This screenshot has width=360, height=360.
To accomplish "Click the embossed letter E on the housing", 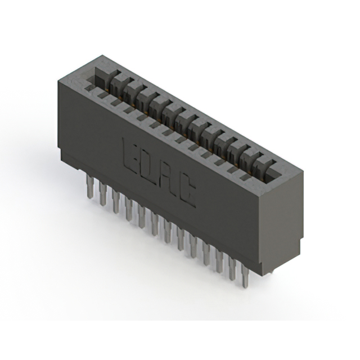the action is pyautogui.click(x=130, y=153).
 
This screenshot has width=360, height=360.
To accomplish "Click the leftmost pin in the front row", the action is pyautogui.click(x=90, y=186).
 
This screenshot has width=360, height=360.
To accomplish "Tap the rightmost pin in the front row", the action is pyautogui.click(x=245, y=276).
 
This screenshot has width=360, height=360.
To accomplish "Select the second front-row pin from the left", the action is pyautogui.click(x=103, y=193).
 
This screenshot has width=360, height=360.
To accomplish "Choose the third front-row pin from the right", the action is pyautogui.click(x=220, y=261).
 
